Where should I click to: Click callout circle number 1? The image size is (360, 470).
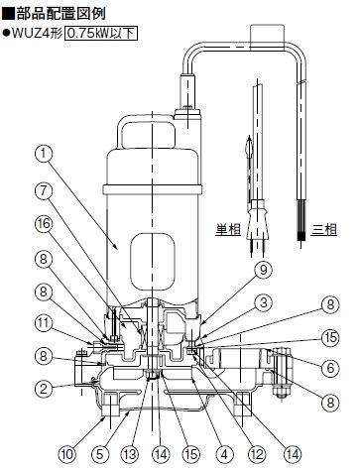click(x=44, y=154)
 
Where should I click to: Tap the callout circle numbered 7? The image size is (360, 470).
click(x=44, y=191)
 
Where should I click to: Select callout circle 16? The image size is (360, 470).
click(x=44, y=224)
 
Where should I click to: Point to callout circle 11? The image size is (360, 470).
click(x=44, y=323)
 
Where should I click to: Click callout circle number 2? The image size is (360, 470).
click(x=44, y=389)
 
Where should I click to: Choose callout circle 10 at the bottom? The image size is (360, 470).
click(x=67, y=454)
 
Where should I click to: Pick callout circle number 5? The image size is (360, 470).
click(x=99, y=454)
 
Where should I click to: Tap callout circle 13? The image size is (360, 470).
click(x=130, y=454)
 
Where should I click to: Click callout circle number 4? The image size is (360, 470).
click(x=224, y=454)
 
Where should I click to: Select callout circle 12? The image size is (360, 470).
click(x=257, y=454)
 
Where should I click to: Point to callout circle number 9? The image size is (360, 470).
click(x=263, y=270)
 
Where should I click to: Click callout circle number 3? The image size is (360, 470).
click(x=263, y=302)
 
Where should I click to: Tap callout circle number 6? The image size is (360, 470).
click(x=330, y=368)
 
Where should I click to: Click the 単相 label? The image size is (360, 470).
click(x=228, y=229)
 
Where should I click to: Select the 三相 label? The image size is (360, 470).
click(x=324, y=229)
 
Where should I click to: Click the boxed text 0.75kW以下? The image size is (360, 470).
click(x=101, y=33)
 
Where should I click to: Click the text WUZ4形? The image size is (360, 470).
click(x=37, y=33)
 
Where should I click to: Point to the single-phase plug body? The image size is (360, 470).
click(x=258, y=219)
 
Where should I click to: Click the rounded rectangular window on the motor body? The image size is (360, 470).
click(x=152, y=262)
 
